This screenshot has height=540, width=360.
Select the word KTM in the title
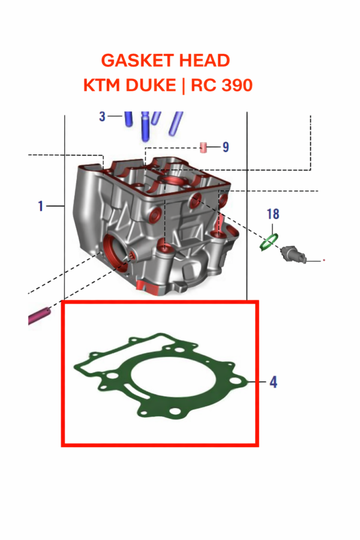click(x=101, y=86)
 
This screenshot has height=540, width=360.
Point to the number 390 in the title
click(x=236, y=86)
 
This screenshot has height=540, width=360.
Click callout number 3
click(x=103, y=116)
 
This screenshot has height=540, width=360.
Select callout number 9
click(x=226, y=147)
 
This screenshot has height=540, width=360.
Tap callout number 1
click(x=41, y=206)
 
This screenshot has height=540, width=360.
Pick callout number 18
click(x=273, y=214)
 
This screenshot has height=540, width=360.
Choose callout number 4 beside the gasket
click(x=273, y=382)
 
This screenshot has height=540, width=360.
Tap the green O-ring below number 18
click(x=268, y=242)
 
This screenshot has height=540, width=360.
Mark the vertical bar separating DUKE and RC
click(x=182, y=86)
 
